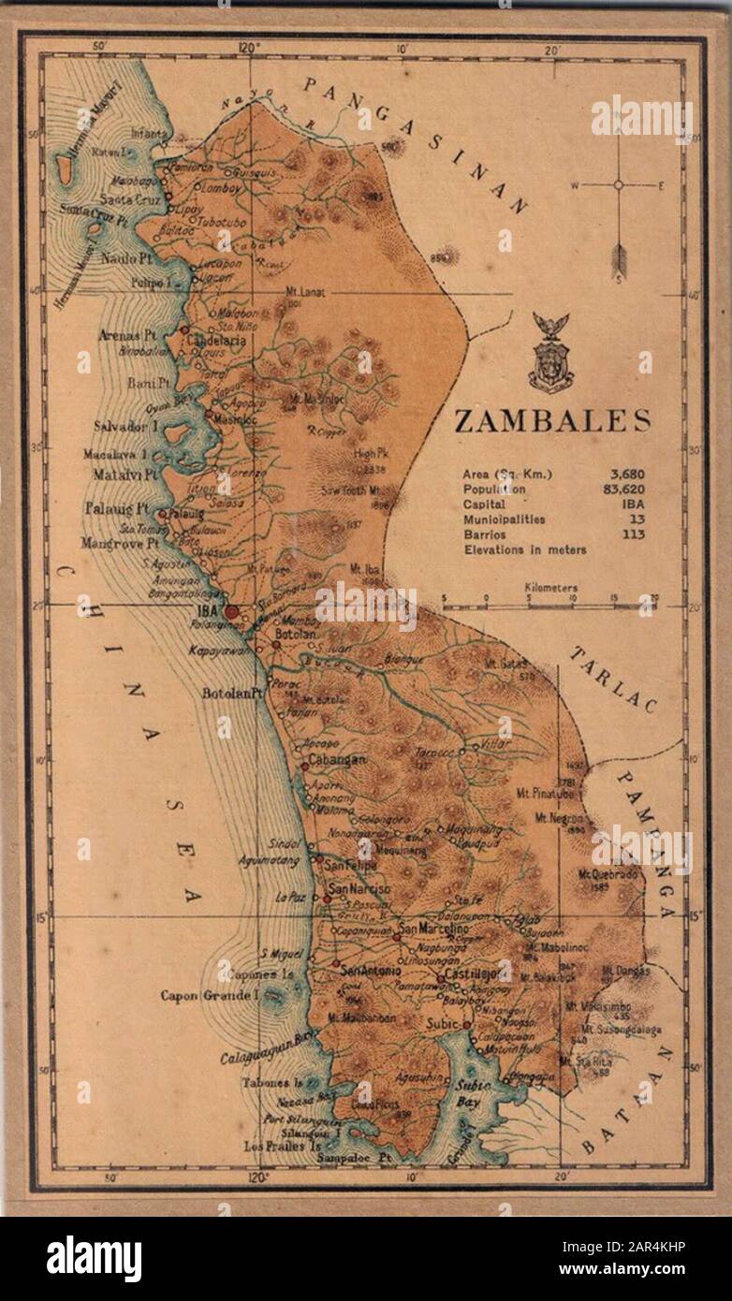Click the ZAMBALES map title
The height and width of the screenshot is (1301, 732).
tap(551, 422)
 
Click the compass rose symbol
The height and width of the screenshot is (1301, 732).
tap(618, 185)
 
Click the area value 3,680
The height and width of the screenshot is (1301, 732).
tap(626, 475)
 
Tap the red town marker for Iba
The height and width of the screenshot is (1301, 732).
tap(231, 610)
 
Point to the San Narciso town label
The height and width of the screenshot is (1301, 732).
tap(357, 888)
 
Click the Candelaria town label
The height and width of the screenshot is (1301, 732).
tap(216, 342)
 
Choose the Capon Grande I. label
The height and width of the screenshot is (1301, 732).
tap(209, 995)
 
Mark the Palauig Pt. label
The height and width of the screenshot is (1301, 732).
tap(118, 510)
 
